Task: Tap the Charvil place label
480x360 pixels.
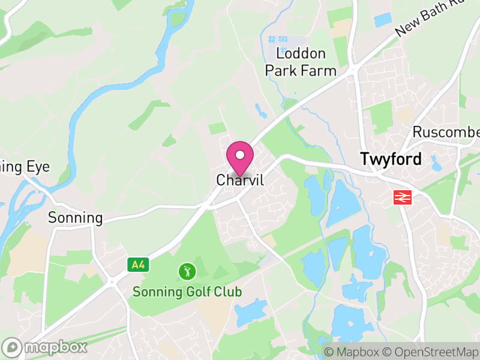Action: (x=240, y=180)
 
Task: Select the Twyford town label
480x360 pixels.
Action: (x=391, y=159)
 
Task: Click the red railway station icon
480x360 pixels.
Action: (x=401, y=197)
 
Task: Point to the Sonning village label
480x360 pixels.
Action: (x=76, y=218)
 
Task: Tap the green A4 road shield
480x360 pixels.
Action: (x=138, y=263)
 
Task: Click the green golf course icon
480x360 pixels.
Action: (x=187, y=271)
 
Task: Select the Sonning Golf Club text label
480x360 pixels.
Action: (x=187, y=292)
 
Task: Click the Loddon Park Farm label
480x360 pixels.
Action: (x=301, y=62)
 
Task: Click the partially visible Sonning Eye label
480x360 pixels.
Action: (x=24, y=167)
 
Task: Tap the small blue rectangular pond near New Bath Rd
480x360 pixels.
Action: (x=383, y=20)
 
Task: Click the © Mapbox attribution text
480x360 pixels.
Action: (x=354, y=352)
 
